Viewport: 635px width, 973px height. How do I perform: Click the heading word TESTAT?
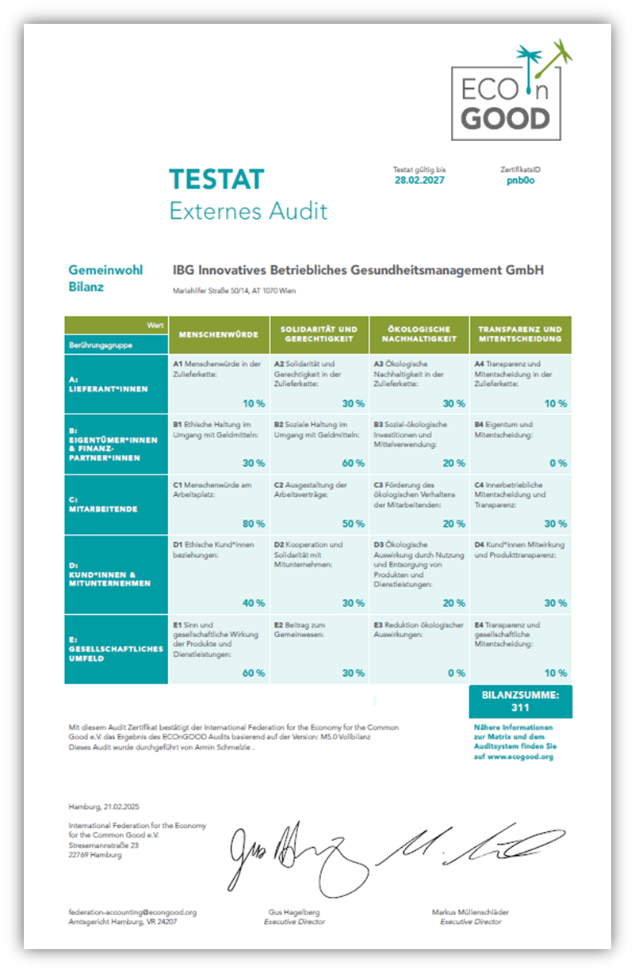[216, 180]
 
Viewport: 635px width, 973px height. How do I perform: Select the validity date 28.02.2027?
[419, 180]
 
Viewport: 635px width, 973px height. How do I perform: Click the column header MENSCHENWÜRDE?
[218, 334]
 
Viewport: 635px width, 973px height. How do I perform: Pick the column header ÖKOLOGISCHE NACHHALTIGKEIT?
[419, 334]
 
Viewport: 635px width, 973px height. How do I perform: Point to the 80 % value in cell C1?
[254, 524]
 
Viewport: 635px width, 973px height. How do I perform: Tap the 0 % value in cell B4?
[558, 464]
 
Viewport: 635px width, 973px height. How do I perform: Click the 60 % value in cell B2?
[354, 464]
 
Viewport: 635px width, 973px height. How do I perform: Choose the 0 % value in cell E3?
[456, 673]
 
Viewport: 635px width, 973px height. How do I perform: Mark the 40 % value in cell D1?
[254, 603]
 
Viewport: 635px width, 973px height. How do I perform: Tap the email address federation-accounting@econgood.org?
[132, 912]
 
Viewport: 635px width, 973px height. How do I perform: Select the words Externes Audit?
[248, 212]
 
